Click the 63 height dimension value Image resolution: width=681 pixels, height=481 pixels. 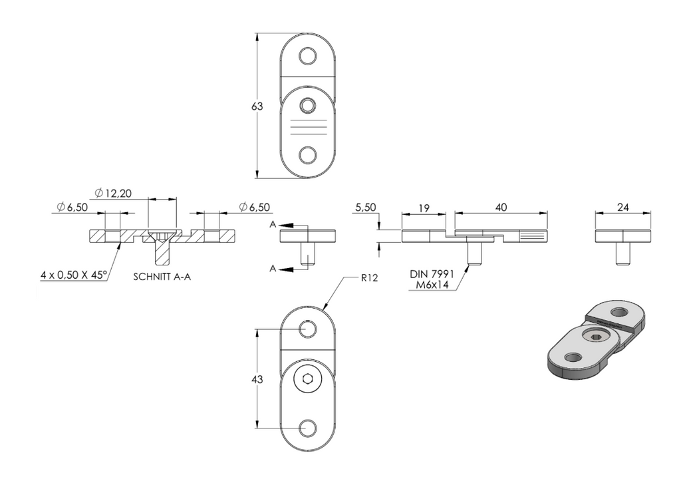257,106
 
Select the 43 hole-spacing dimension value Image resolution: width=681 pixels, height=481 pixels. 257,379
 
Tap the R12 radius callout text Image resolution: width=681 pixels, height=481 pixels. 370,277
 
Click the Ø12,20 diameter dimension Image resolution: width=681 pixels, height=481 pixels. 113,193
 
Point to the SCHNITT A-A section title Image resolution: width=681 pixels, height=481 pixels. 162,277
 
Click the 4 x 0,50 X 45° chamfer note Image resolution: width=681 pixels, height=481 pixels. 73,275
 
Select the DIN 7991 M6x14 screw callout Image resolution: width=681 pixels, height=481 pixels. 432,279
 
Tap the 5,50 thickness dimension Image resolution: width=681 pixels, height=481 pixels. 366,208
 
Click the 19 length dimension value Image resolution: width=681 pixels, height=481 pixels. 424,208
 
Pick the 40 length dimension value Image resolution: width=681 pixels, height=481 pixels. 501,208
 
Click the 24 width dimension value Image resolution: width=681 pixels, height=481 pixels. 622,208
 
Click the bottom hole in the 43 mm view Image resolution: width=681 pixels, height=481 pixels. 307,428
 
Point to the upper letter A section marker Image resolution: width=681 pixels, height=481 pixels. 273,224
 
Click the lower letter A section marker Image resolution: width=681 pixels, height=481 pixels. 273,269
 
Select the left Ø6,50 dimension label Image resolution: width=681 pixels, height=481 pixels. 72,208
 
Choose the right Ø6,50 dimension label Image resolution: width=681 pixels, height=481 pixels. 255,208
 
